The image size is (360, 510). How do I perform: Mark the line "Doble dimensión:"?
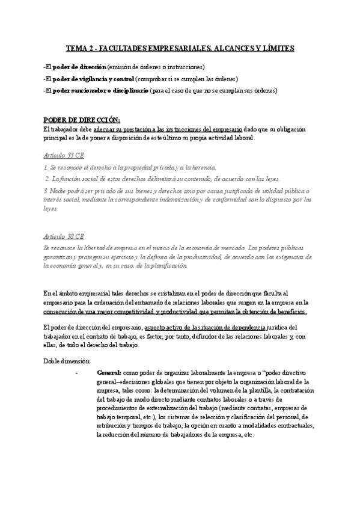tap(67, 361)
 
